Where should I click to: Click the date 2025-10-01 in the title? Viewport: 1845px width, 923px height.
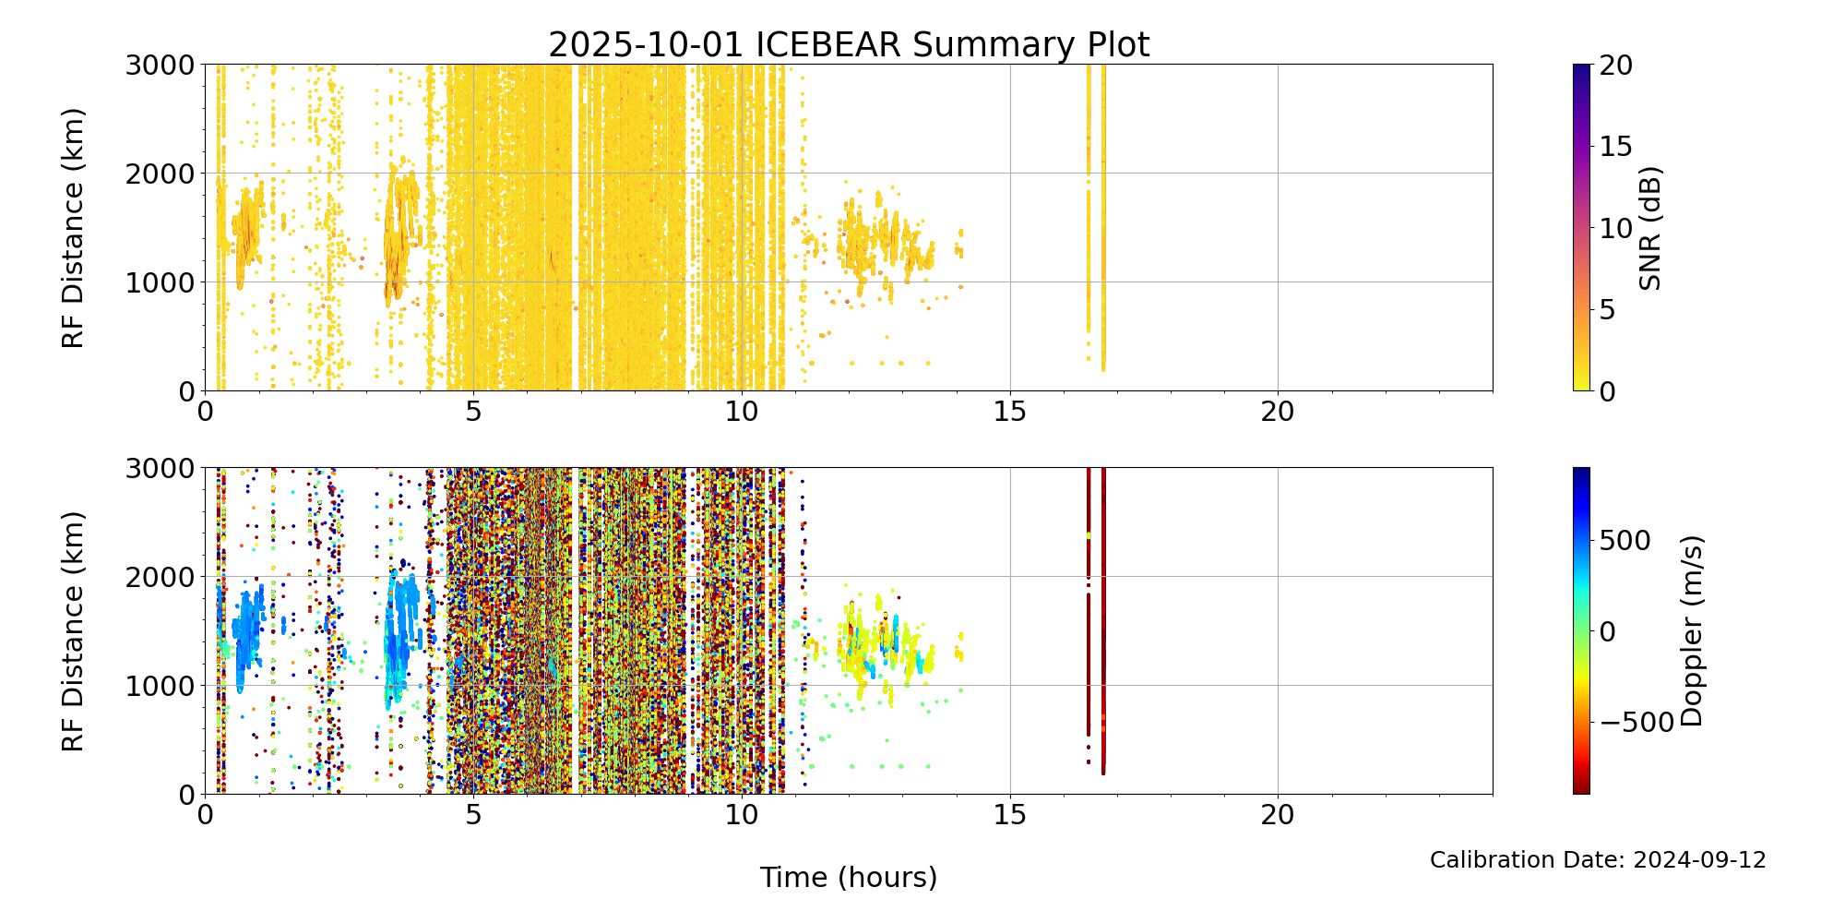pos(646,45)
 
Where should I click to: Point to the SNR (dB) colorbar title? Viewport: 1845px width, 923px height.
pos(1650,228)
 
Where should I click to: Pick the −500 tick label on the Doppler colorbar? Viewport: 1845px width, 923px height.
pos(1637,723)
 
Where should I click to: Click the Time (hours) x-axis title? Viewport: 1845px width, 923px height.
pos(848,877)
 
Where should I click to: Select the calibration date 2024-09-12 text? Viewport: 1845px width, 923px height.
pos(1699,860)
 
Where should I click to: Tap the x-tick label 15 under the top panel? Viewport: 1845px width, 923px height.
pos(1010,412)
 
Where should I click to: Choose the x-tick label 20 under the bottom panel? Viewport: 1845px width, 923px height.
pos(1278,815)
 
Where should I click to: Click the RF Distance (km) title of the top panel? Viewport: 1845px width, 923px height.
pos(73,228)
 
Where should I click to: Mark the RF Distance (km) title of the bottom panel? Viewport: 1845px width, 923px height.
pos(73,630)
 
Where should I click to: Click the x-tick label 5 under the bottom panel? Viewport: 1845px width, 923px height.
pos(472,815)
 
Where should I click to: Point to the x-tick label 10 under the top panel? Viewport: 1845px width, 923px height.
pos(742,412)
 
